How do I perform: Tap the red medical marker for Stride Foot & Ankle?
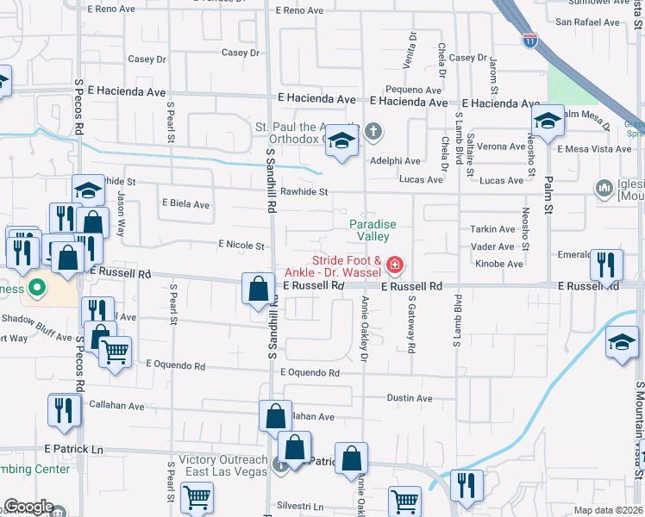click(395, 263)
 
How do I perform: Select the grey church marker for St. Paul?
click(373, 133)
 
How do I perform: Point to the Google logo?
click(28, 507)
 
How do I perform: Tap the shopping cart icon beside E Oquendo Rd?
click(115, 350)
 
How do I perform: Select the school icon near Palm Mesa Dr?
click(547, 121)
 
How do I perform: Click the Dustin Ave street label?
click(409, 398)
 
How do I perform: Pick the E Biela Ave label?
click(185, 205)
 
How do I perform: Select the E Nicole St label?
click(241, 246)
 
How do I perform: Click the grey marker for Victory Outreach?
click(280, 465)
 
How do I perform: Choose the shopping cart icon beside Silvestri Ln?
click(197, 496)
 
